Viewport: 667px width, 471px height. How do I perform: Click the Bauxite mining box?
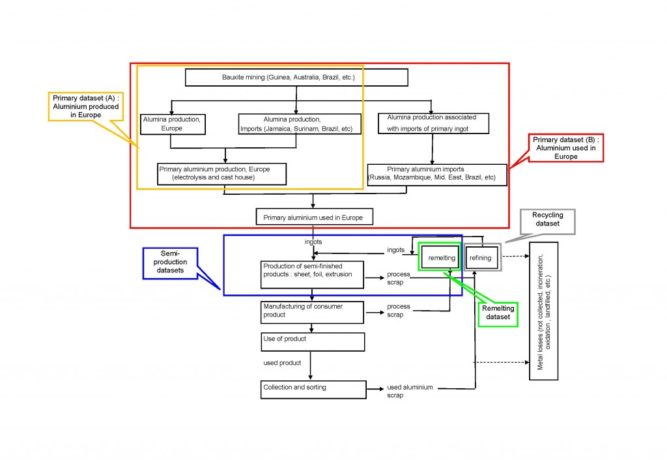coord(296,78)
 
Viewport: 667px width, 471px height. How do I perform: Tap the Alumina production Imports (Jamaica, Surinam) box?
coord(299,124)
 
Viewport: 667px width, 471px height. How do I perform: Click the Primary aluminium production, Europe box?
coord(222,173)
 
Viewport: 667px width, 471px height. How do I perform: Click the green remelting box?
coord(441,258)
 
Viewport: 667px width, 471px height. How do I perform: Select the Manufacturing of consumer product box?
coord(311,311)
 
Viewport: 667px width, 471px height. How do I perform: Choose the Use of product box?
coord(311,341)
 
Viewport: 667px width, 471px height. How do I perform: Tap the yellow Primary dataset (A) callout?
coord(78,105)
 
